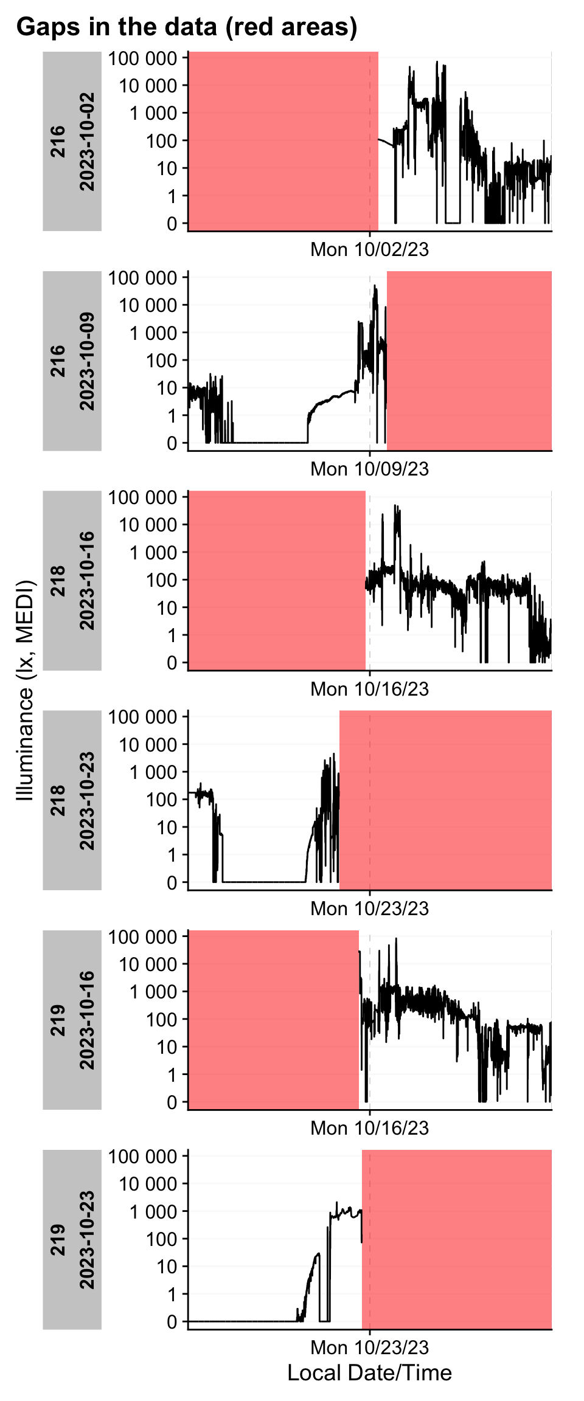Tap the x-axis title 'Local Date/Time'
369,1372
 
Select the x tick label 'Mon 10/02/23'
369,249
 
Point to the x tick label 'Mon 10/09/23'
369,469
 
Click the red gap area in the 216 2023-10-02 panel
283,141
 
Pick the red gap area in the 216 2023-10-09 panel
469,361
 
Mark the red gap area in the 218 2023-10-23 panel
445,800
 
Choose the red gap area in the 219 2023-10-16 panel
274,1019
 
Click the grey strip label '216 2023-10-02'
72,141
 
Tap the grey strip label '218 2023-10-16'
72,580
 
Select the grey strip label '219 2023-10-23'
72,1239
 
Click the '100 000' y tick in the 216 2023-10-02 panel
143,58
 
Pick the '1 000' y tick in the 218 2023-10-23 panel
153,772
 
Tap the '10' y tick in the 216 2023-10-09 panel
167,388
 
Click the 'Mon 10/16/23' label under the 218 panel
369,689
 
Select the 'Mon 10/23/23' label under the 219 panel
369,1347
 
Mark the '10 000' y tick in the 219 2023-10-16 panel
148,964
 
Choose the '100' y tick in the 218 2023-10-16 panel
161,580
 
